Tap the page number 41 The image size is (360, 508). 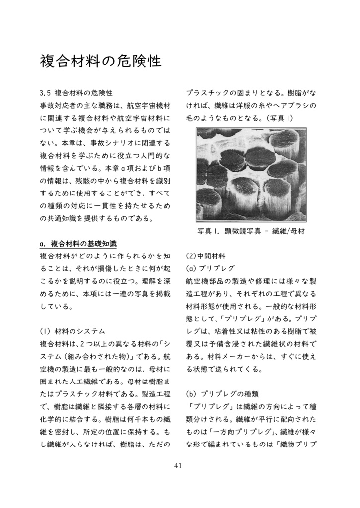(179, 465)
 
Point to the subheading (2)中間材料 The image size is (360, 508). (206, 256)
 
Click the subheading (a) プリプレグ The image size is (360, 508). (210, 269)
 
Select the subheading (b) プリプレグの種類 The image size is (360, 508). (222, 394)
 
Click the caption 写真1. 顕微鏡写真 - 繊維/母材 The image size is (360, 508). (251, 231)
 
